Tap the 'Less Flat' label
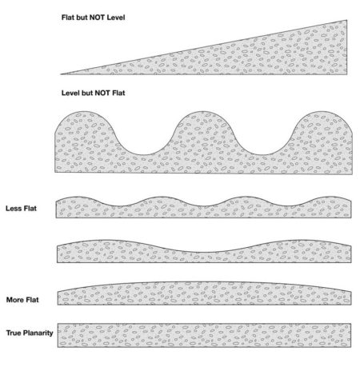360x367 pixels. [x=20, y=208]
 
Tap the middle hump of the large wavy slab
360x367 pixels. [x=204, y=128]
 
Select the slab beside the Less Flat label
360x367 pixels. [x=203, y=208]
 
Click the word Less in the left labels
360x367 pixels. [x=13, y=208]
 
